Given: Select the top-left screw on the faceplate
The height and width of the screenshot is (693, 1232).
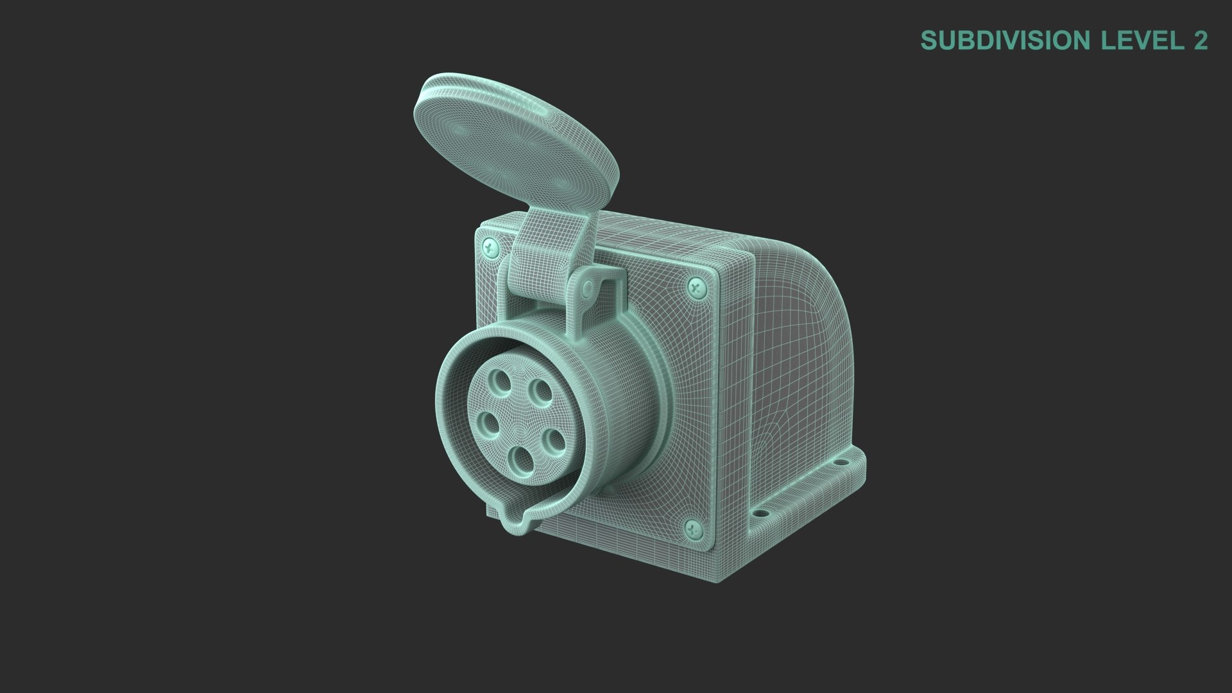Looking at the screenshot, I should [x=491, y=245].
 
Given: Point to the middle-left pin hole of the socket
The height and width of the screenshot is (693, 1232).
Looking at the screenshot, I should [x=490, y=423].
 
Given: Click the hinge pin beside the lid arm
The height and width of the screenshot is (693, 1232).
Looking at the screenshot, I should [x=586, y=290].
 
